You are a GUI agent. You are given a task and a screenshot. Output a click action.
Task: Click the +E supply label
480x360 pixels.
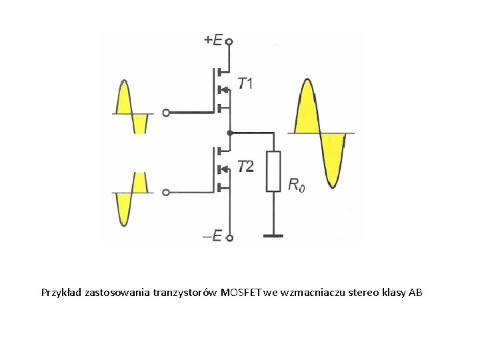point(213,40)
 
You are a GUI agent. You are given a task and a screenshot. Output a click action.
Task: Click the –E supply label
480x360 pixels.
point(213,236)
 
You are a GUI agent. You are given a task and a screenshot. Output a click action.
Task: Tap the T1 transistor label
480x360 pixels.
point(245,83)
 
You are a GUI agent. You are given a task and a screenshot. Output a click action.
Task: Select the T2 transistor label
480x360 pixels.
point(245,166)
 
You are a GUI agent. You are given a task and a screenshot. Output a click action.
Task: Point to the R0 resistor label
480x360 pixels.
point(297,185)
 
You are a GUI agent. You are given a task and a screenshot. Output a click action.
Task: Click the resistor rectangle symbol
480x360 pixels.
point(273,171)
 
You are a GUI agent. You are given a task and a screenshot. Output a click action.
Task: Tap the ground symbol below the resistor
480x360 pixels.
point(273,235)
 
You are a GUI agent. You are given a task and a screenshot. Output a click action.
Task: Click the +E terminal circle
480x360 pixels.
point(229,41)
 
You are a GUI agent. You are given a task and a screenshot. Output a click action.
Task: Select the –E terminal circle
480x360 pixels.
point(229,237)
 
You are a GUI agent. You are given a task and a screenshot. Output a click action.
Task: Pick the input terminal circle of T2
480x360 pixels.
point(166,193)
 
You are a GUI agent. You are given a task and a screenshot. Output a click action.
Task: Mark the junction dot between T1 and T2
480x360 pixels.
point(229,133)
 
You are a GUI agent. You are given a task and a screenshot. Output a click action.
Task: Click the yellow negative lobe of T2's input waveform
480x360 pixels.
point(124,207)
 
